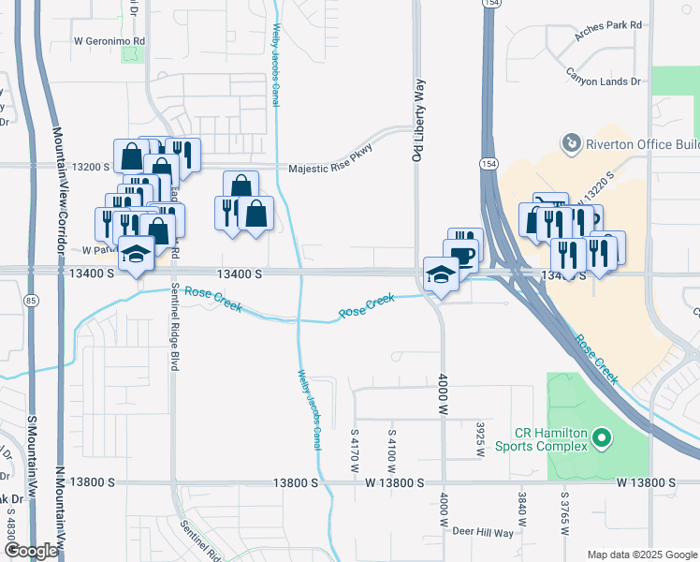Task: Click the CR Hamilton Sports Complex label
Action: [x=551, y=439]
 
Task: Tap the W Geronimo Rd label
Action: [x=110, y=41]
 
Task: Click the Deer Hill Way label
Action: [x=482, y=532]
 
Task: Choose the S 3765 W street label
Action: [x=565, y=513]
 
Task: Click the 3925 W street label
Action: [x=479, y=438]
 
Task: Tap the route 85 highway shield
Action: [x=32, y=301]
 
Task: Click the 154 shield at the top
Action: [x=489, y=5]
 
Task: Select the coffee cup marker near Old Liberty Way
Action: [x=461, y=256]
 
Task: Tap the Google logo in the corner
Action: [x=31, y=551]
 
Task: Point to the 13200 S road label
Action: [x=92, y=167]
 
